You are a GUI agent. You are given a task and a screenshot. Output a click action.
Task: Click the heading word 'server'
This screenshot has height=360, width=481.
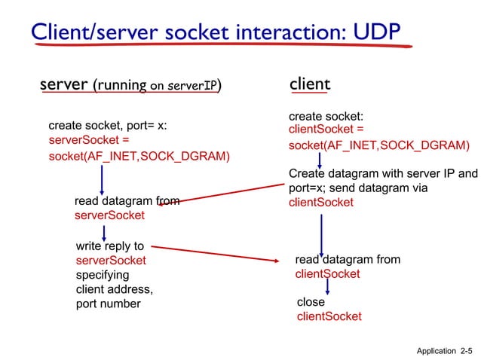63,84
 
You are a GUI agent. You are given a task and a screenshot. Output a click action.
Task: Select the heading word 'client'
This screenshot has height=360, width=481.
309,84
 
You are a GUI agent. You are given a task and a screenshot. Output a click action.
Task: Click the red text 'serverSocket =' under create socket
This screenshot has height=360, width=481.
89,140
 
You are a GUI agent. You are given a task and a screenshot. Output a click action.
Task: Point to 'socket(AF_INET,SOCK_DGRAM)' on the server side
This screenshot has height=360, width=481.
139,156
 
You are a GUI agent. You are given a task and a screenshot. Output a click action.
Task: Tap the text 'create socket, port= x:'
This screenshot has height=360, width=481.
107,125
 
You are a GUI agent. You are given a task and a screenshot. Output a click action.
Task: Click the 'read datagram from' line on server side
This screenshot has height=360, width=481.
126,201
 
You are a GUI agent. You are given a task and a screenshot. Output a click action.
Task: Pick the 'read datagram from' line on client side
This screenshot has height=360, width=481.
348,259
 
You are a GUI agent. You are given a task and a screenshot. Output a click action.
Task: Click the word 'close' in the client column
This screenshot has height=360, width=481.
311,302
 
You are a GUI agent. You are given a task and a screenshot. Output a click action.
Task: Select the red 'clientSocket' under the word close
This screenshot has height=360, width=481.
329,316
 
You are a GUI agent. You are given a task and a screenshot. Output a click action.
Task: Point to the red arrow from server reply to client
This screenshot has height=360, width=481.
219,253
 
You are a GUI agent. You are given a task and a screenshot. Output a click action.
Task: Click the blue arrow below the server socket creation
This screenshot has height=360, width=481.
103,179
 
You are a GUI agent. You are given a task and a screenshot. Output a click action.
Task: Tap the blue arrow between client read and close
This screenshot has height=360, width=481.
327,288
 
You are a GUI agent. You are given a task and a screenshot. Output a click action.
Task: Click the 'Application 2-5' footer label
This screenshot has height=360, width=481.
444,351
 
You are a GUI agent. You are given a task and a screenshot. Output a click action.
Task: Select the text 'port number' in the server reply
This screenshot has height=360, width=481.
108,304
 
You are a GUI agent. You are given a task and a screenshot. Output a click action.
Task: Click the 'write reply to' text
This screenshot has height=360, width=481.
110,246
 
